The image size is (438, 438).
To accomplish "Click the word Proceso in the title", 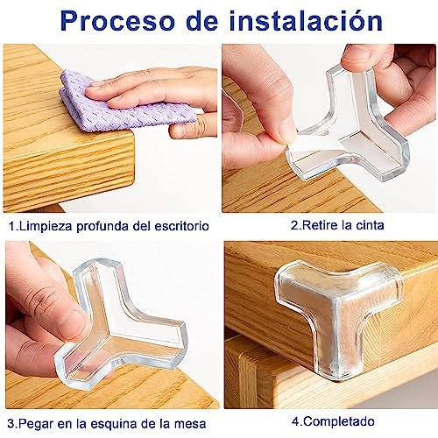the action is click(118, 22).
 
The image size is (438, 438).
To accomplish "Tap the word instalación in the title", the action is click(306, 20).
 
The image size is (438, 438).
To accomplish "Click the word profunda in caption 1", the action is click(102, 227).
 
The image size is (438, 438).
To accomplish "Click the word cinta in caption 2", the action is click(370, 225).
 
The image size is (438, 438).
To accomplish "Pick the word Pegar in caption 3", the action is click(37, 424).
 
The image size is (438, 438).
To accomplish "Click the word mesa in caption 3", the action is click(191, 424).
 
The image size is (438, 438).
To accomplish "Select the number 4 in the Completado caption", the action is click(294, 421).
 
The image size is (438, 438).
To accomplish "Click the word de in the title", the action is click(202, 20).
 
